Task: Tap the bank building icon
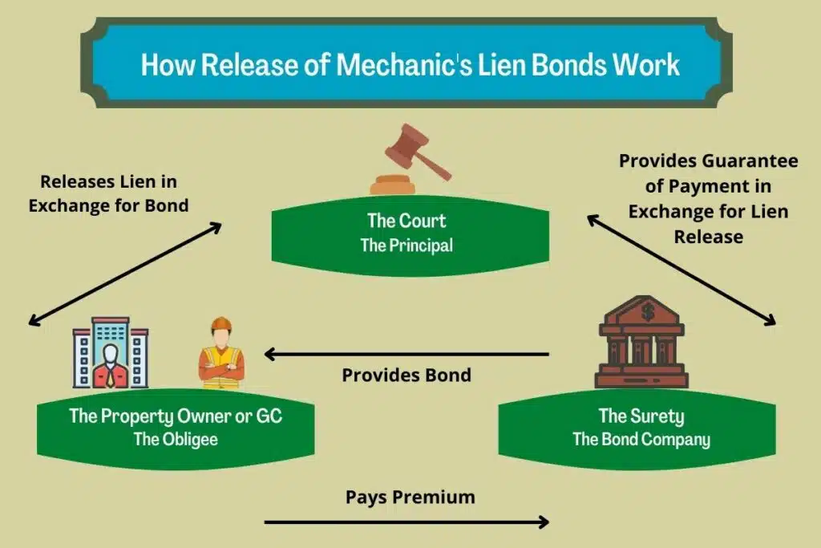click(641, 343)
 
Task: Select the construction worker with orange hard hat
click(221, 355)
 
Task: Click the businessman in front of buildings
click(110, 355)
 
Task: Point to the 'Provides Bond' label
click(406, 375)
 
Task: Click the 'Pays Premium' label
click(410, 497)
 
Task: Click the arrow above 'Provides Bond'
click(406, 354)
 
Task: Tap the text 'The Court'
click(406, 220)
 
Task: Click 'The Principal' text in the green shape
click(406, 246)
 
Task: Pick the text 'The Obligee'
click(176, 440)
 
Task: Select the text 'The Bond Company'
click(641, 440)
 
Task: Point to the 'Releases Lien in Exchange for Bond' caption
click(108, 193)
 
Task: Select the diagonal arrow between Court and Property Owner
click(124, 274)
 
